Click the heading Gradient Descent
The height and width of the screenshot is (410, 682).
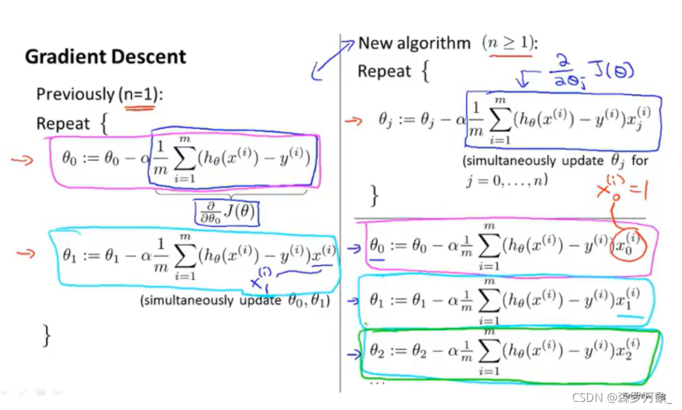[x=105, y=57]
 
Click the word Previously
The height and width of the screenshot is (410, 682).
[x=75, y=94]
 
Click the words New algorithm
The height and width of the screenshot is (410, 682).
[x=414, y=44]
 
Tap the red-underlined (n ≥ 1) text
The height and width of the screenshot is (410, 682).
[x=508, y=43]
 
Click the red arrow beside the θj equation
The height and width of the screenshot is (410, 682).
[x=353, y=120]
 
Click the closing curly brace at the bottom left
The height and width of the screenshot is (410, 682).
[x=47, y=336]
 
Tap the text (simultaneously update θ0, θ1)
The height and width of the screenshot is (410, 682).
[x=235, y=301]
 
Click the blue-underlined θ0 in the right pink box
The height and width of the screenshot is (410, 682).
[x=378, y=246]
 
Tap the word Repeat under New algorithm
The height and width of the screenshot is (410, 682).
[x=384, y=72]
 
